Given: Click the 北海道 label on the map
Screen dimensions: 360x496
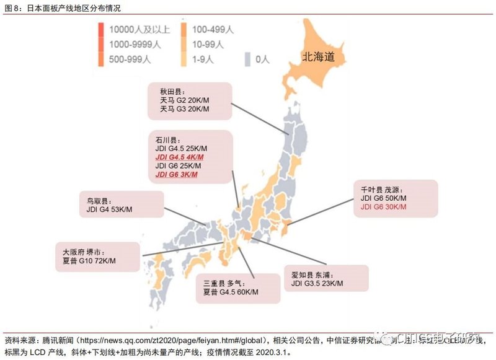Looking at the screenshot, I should (318, 56).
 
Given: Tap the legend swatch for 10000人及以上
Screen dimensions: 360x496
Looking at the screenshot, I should (101, 29).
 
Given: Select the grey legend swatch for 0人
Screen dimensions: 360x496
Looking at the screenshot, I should (247, 59).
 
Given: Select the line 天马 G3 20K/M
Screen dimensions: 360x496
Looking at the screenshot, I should (185, 109).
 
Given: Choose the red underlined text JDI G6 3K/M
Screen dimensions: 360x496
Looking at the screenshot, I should (177, 175).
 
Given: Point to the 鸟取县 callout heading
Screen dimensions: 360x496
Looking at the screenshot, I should (98, 201).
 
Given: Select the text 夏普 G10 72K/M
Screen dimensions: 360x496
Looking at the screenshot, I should (90, 261).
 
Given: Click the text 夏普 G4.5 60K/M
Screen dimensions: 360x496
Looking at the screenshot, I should (231, 291).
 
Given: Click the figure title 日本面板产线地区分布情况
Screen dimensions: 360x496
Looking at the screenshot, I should (69, 8).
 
